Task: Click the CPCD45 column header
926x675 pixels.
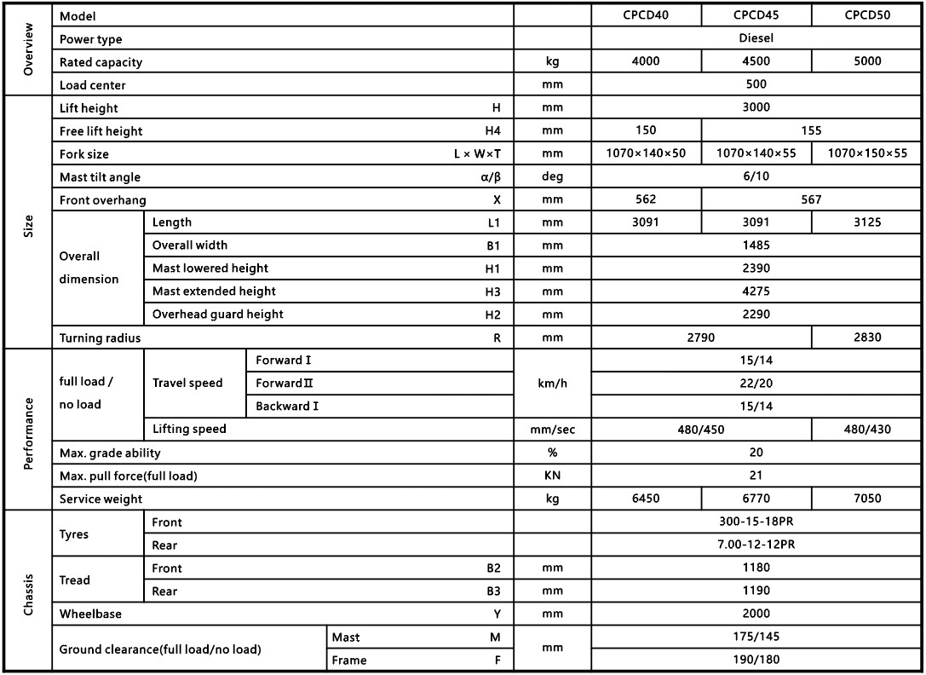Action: tap(756, 15)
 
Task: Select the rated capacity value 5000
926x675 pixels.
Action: tap(866, 61)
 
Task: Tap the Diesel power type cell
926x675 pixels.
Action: tap(756, 38)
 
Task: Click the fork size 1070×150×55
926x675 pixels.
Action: tap(866, 154)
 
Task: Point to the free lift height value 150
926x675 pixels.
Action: tap(645, 131)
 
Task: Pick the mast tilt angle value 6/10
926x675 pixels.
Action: tap(756, 177)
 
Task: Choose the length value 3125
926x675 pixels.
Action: tap(866, 222)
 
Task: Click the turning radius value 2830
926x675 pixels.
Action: tap(866, 337)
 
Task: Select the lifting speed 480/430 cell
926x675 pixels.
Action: tap(866, 430)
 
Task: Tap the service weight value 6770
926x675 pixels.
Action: tap(756, 499)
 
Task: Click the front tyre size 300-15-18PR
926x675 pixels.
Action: tap(756, 522)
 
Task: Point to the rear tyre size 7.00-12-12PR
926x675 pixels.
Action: tap(756, 545)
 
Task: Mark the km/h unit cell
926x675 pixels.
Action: tap(552, 384)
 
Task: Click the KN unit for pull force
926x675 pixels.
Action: tap(552, 476)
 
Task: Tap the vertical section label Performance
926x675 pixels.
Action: tap(29, 430)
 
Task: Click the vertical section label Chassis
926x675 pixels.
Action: tap(29, 591)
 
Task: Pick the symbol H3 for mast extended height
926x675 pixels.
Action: tap(493, 291)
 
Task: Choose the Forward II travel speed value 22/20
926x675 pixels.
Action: tap(756, 384)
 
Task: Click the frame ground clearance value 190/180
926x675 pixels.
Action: tap(756, 660)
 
